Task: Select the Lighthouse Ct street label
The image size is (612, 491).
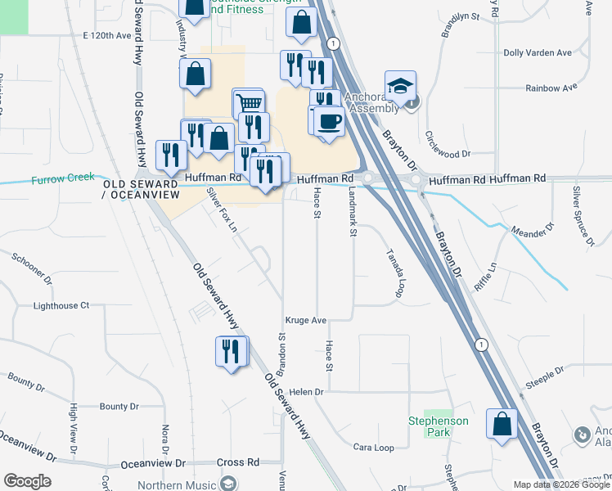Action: tap(61, 305)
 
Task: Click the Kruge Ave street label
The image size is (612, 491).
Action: tap(306, 320)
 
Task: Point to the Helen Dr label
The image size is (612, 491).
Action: tap(307, 392)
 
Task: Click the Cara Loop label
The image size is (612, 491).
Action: tap(373, 448)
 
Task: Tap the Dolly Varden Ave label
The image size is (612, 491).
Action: tap(538, 52)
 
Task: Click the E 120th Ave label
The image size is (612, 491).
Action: tap(107, 36)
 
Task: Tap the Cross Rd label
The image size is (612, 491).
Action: tap(237, 462)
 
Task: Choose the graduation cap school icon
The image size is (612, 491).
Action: tap(401, 86)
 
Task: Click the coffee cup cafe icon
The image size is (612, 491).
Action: tap(329, 122)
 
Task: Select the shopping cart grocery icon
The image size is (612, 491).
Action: tap(249, 103)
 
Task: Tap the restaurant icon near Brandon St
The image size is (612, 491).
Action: tap(232, 352)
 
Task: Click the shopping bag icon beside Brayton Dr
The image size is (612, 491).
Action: tap(502, 424)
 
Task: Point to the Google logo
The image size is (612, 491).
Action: tap(27, 481)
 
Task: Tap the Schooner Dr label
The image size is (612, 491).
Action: tap(31, 268)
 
